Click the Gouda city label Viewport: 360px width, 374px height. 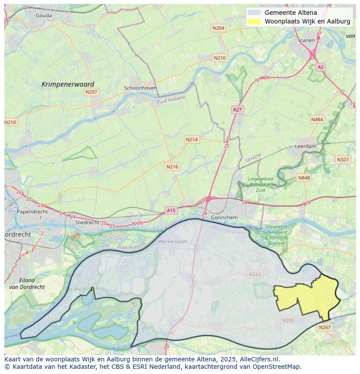[x=44, y=16]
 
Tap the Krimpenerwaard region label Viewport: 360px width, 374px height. [x=68, y=84]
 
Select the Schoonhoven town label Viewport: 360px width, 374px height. [x=140, y=88]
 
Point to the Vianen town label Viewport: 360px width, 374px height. [x=307, y=40]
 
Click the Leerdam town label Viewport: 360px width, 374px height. [x=306, y=147]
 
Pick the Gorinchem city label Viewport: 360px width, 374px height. [x=224, y=217]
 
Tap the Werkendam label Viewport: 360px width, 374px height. [x=173, y=242]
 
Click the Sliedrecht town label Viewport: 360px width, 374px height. [x=87, y=222]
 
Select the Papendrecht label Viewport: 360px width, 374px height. [x=32, y=212]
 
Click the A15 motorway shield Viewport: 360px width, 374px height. [x=171, y=211]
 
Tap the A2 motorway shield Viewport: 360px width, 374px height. [x=320, y=67]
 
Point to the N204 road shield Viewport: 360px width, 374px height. [x=218, y=28]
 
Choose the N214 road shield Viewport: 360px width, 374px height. [x=191, y=139]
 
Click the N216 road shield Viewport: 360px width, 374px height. [x=172, y=167]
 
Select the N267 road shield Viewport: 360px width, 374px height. [x=324, y=328]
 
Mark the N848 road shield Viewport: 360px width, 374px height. [x=304, y=178]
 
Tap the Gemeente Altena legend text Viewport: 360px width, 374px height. [x=290, y=13]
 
